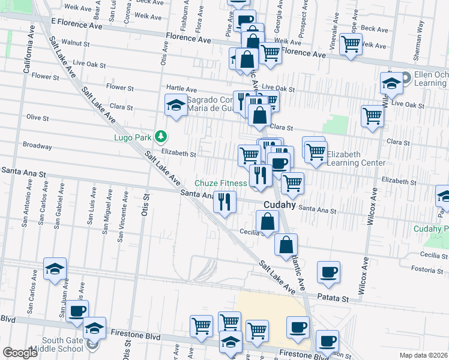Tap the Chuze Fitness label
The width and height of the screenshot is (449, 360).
pyautogui.click(x=220, y=183)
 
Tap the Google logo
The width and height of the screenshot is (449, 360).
pyautogui.click(x=20, y=353)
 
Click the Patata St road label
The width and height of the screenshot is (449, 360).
pyautogui.click(x=333, y=298)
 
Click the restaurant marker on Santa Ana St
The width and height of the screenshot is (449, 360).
pyautogui.click(x=224, y=202)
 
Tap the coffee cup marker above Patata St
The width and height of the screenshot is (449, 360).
pyautogui.click(x=328, y=272)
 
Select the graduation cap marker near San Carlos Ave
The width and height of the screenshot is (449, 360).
pyautogui.click(x=55, y=269)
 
